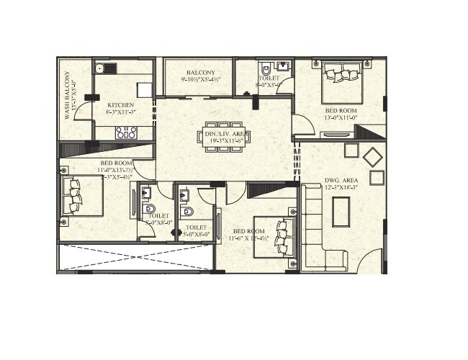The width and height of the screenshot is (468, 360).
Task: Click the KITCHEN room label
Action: pyautogui.click(x=121, y=105)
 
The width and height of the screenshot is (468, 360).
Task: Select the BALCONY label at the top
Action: pyautogui.click(x=199, y=73)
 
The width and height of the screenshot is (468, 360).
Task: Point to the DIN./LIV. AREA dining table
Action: pyautogui.click(x=224, y=137)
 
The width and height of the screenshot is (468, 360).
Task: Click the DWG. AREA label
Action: pyautogui.click(x=341, y=181)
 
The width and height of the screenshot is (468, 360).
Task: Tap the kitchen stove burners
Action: pyautogui.click(x=126, y=132)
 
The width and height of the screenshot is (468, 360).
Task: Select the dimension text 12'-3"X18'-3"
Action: pyautogui.click(x=341, y=189)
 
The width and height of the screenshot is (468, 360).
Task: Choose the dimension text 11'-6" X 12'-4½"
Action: pyautogui.click(x=248, y=238)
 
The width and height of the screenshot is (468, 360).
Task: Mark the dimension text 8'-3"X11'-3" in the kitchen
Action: pyautogui.click(x=121, y=113)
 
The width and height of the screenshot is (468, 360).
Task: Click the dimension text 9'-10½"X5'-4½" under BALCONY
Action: pyautogui.click(x=199, y=81)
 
